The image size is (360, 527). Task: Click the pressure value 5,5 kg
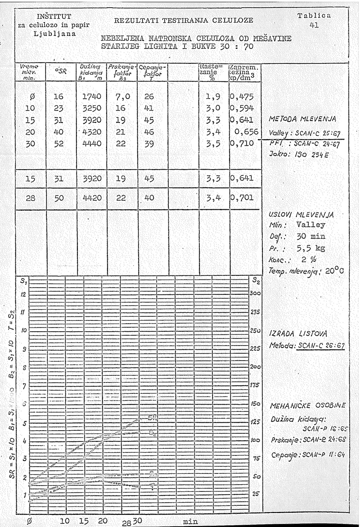pyautogui.click(x=310, y=247)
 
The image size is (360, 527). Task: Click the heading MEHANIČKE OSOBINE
pyautogui.click(x=307, y=405)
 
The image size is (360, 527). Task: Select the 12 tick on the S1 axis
pyautogui.click(x=23, y=293)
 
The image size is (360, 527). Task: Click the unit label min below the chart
pyautogui.click(x=191, y=521)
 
